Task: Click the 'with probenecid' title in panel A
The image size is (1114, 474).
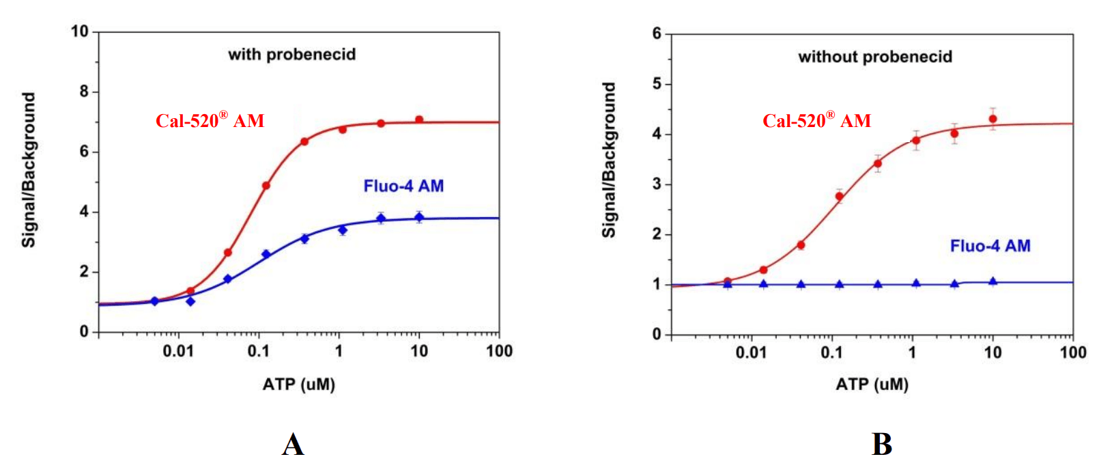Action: pos(291,55)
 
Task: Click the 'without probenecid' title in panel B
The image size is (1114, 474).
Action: pos(875,57)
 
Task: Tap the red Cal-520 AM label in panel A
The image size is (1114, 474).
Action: pos(210,121)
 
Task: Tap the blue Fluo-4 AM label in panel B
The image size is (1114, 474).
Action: pos(990,246)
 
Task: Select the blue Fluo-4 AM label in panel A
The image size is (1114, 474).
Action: pos(403,186)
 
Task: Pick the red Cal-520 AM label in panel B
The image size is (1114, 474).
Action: pos(816,121)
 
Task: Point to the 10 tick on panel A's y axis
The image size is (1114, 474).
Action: pos(80,31)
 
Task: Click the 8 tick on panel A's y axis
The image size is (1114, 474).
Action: pos(84,92)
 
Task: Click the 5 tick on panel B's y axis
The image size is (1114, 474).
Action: pos(657,84)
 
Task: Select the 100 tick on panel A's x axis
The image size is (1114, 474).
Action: pos(499,351)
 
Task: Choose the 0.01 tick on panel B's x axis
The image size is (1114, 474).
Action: pos(751,353)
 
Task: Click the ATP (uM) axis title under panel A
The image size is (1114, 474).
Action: pos(298,385)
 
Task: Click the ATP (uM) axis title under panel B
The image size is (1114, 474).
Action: pos(872,385)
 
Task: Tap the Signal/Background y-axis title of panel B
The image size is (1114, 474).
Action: pos(608,161)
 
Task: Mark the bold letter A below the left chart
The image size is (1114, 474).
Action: pos(293,445)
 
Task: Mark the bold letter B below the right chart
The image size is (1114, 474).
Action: pos(881,445)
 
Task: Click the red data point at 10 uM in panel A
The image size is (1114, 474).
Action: pos(419,120)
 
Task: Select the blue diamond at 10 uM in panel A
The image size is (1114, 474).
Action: pos(419,217)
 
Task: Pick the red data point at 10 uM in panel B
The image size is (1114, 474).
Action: pos(992,119)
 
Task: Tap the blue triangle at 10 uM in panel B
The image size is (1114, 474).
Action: pos(992,281)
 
